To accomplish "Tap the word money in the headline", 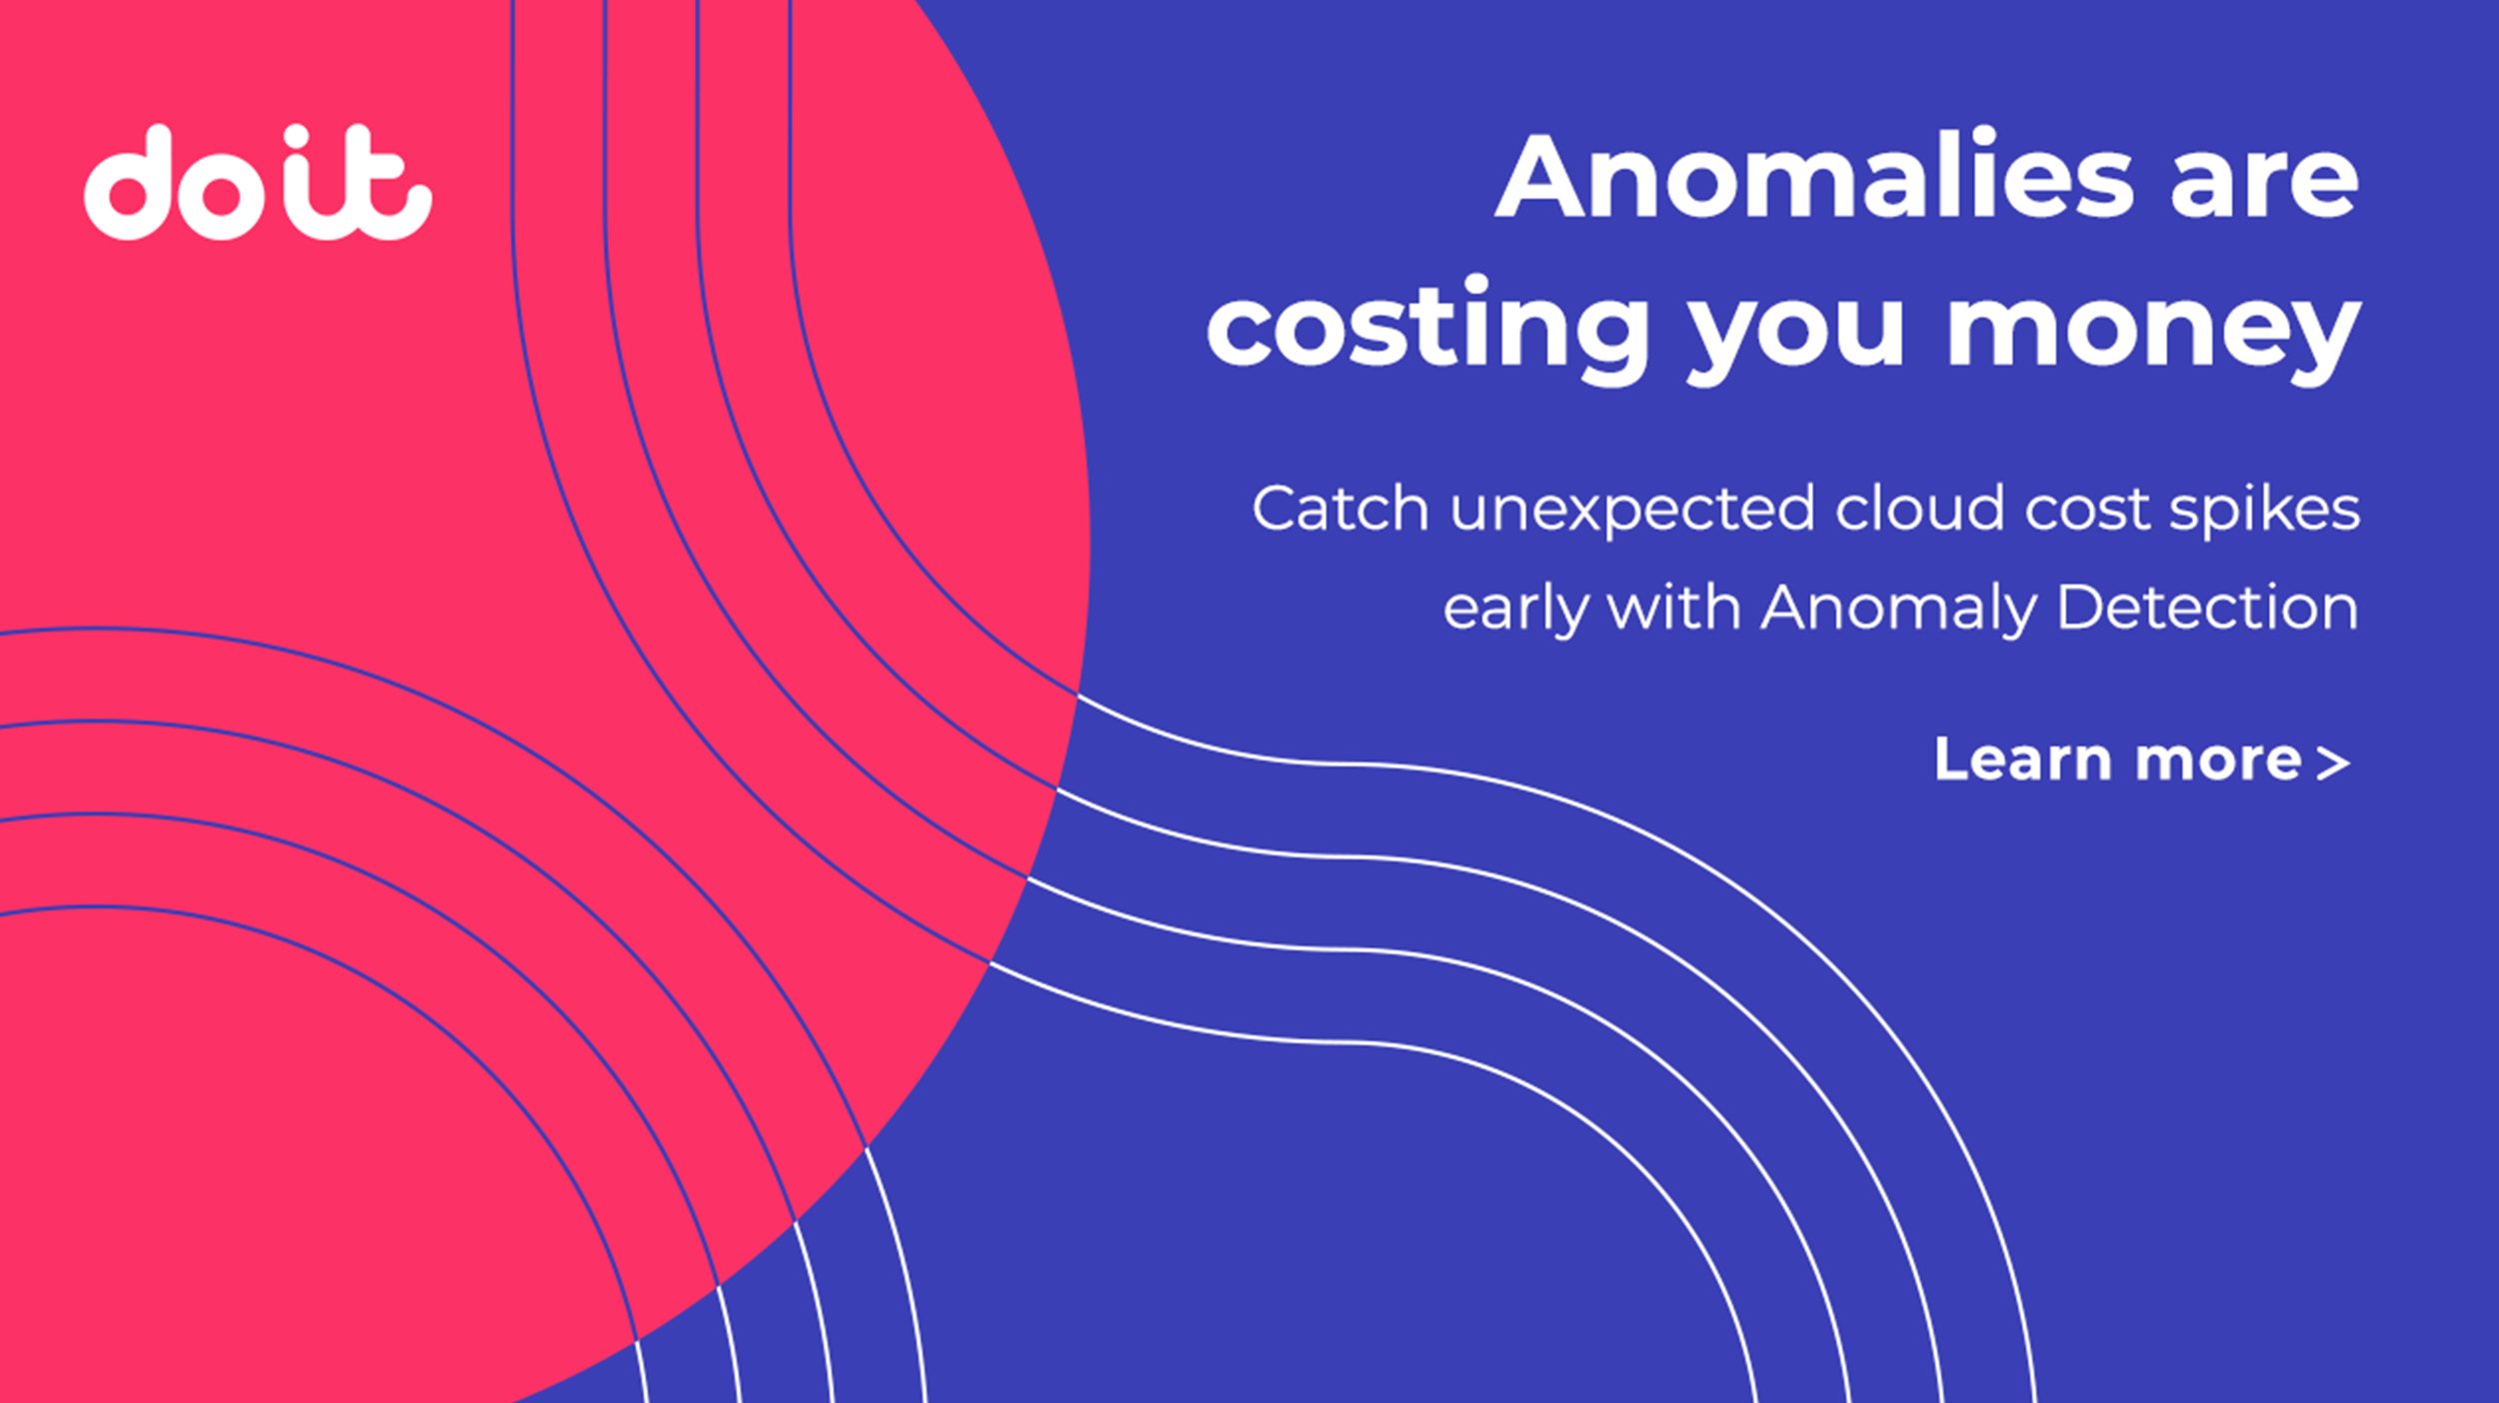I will (2153, 330).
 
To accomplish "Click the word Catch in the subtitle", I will (1339, 510).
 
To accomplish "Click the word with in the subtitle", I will (1673, 608).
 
